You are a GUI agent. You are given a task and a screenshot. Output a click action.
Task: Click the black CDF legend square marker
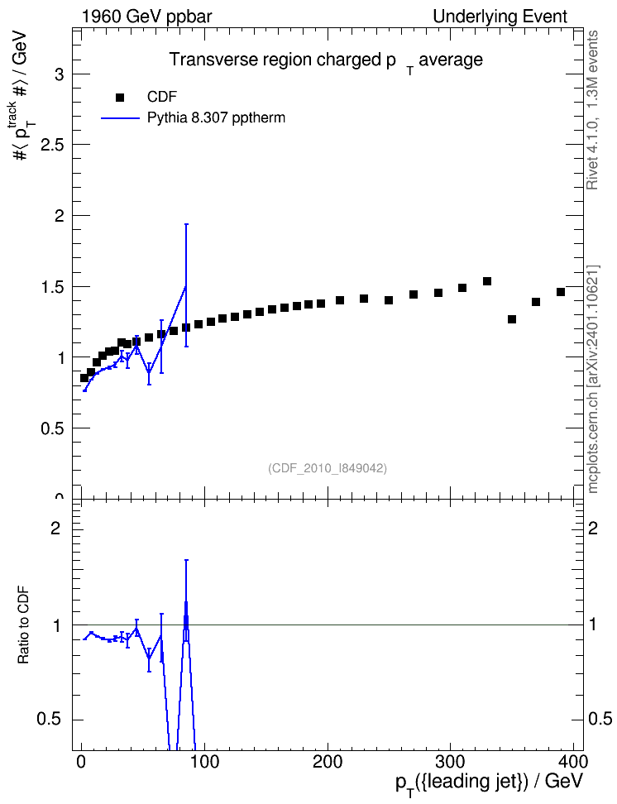pos(120,98)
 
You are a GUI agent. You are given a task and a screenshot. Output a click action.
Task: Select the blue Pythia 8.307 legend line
pos(121,118)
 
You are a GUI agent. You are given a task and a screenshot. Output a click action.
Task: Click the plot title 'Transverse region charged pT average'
pos(326,61)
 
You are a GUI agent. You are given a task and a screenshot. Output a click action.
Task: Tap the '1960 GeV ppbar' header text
pos(146,17)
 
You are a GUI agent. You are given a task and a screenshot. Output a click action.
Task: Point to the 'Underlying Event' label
pos(500,17)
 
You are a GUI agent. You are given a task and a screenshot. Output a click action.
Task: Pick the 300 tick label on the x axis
pos(450,762)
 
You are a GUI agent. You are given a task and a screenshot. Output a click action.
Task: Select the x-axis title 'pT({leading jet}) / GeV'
pos(490,782)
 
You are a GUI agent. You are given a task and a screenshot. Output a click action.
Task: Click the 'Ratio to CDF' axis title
pos(23,625)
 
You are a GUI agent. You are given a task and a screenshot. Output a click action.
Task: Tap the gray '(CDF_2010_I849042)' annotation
pos(328,468)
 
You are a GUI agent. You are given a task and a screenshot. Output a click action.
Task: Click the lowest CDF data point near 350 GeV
pos(512,319)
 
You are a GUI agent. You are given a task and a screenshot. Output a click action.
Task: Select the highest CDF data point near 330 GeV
pos(487,281)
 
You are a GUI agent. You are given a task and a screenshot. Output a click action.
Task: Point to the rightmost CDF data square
pos(561,292)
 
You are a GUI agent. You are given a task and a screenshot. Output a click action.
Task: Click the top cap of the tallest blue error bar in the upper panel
pos(186,224)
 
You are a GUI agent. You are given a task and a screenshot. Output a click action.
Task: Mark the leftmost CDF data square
pos(84,378)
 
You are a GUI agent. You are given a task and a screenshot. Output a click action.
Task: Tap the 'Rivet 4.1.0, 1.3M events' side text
pos(592,110)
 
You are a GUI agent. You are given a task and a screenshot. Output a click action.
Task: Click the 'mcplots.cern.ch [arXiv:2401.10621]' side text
pos(592,380)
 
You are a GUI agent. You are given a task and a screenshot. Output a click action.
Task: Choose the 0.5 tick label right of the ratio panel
pos(600,719)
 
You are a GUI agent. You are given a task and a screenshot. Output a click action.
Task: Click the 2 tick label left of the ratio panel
pos(55,528)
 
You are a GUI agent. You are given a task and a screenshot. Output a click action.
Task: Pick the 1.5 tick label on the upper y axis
pos(52,287)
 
